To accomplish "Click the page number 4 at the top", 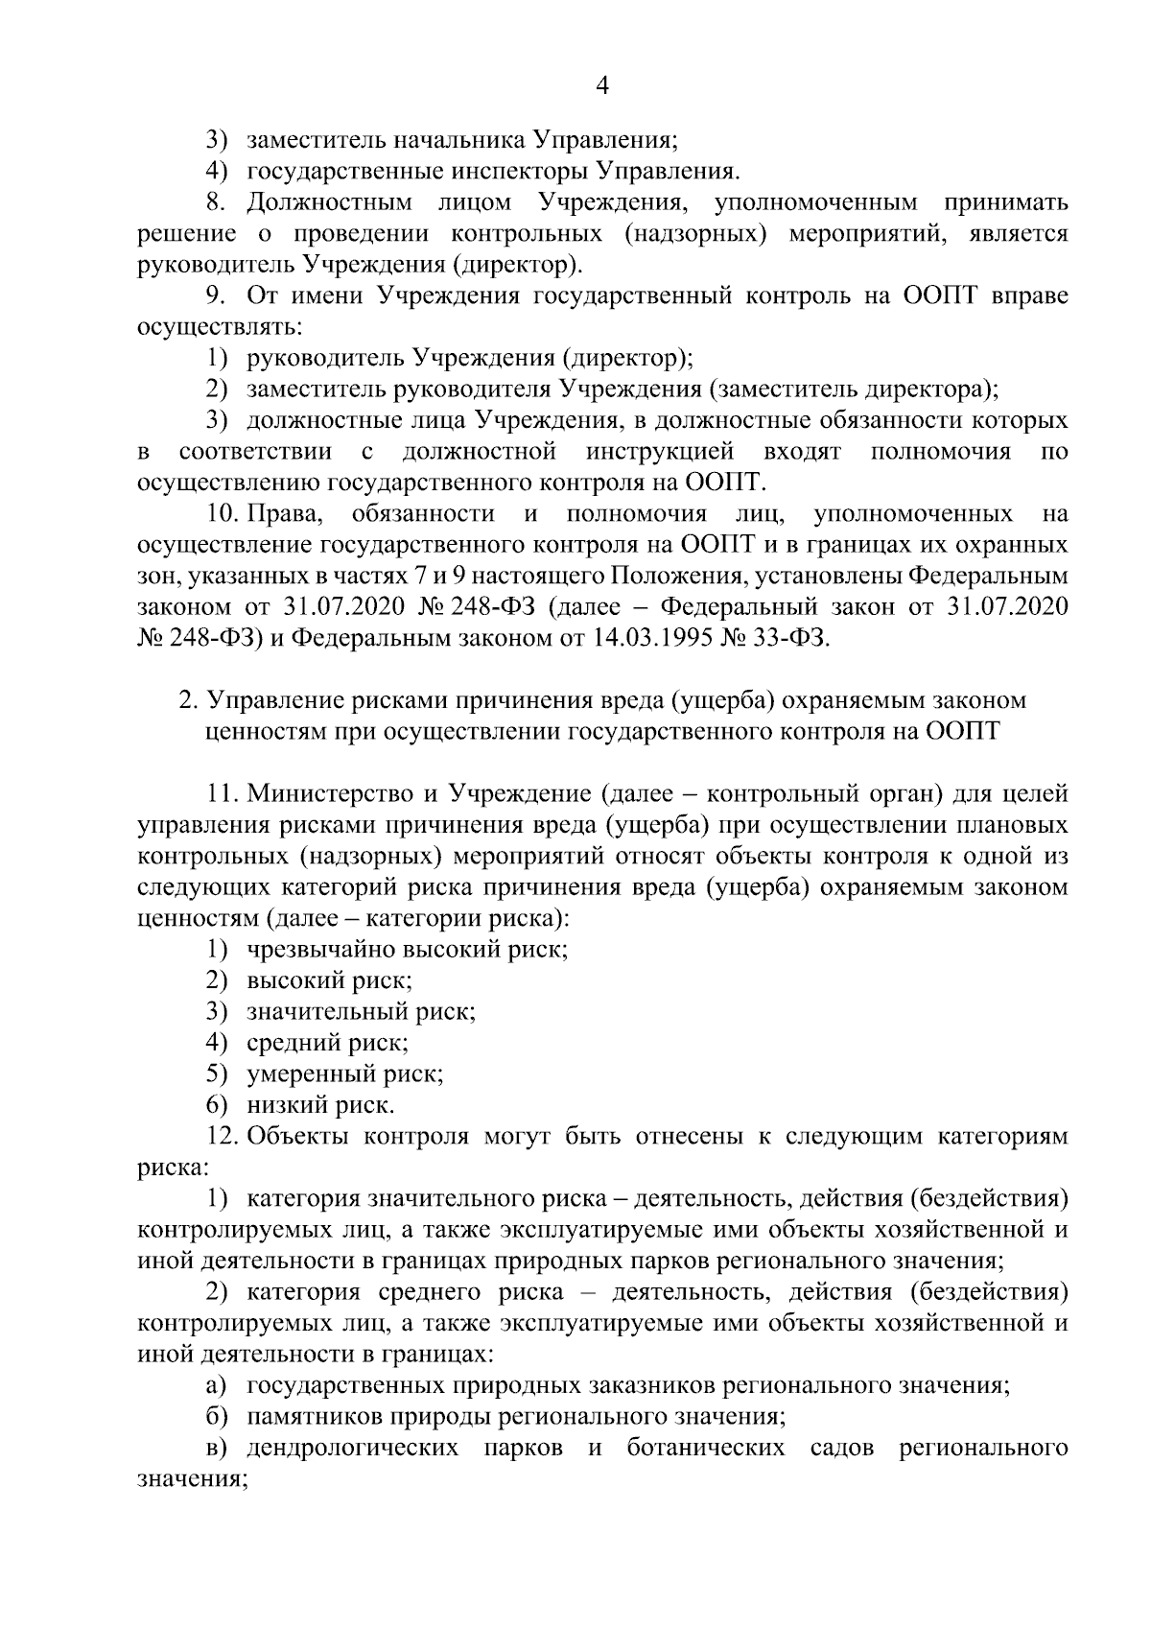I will coord(602,85).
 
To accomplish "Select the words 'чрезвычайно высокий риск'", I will coord(408,950).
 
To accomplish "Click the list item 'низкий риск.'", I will coord(320,1105).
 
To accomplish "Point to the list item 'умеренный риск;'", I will coord(345,1074).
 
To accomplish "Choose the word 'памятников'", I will coord(310,1417).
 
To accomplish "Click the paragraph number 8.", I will coord(215,202).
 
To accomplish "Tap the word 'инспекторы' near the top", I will coord(519,172).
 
